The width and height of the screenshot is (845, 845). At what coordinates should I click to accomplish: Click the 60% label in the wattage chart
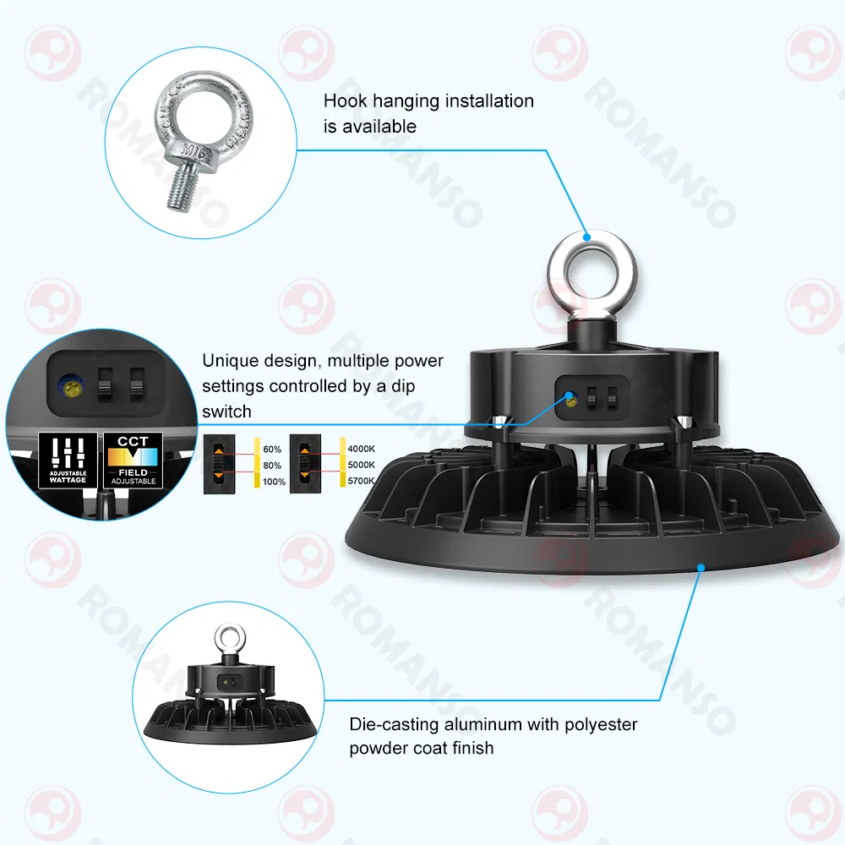pos(272,450)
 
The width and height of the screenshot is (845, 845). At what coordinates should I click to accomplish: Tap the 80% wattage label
pos(272,465)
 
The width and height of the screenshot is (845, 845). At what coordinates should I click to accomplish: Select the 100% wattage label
pos(274,482)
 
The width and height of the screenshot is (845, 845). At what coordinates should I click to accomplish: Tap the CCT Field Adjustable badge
pos(134,460)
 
